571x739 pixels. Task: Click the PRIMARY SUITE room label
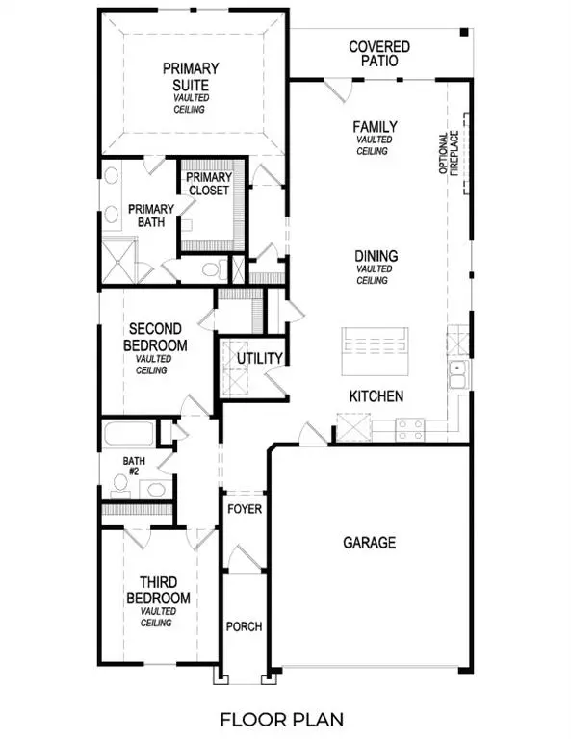click(x=191, y=76)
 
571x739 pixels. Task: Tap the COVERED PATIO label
click(x=379, y=54)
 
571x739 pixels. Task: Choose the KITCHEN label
click(x=376, y=396)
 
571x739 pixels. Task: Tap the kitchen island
click(x=376, y=344)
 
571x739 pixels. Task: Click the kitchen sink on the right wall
click(x=457, y=371)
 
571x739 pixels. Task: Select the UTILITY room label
click(x=260, y=359)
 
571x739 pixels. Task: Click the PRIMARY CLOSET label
click(x=208, y=184)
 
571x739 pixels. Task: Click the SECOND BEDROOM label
click(x=156, y=337)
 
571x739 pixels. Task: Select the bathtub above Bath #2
click(x=130, y=432)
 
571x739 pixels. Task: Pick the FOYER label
click(x=245, y=508)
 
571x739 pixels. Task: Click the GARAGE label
click(x=370, y=543)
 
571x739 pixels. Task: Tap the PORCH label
click(x=245, y=626)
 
